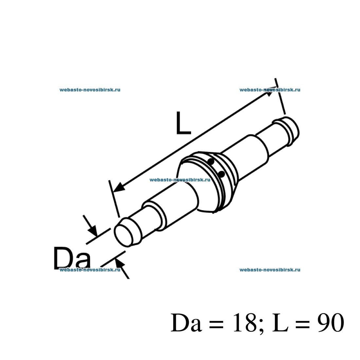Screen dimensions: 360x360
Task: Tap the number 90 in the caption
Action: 331,323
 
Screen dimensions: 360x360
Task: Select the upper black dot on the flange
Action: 211,162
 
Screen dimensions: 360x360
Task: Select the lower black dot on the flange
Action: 221,174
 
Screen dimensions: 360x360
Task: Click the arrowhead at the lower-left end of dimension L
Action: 119,187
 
